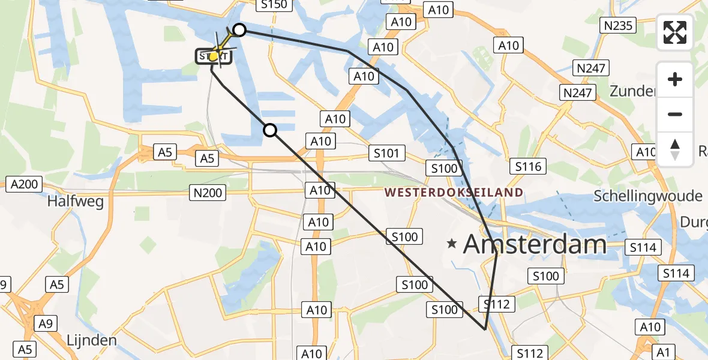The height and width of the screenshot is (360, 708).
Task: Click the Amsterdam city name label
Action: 535,244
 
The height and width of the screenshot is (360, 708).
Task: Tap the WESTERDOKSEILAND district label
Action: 454,193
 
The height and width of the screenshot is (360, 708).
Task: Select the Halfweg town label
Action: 76,201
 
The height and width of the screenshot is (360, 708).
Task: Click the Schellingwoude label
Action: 647,196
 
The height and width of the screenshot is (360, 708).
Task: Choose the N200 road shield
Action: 208,193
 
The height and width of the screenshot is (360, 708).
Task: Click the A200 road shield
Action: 25,184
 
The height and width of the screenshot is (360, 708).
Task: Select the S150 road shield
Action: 274,5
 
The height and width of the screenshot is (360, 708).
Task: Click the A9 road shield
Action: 45,325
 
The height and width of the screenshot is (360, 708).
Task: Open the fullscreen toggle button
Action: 675,32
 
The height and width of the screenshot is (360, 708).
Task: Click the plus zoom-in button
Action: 675,79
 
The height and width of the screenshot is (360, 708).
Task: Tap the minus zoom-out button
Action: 675,114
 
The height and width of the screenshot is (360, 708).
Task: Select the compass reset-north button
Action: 675,149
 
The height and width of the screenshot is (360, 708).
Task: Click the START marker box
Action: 214,57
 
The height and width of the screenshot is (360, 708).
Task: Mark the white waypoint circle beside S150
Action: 239,30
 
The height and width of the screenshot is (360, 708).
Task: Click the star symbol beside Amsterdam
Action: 452,244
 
